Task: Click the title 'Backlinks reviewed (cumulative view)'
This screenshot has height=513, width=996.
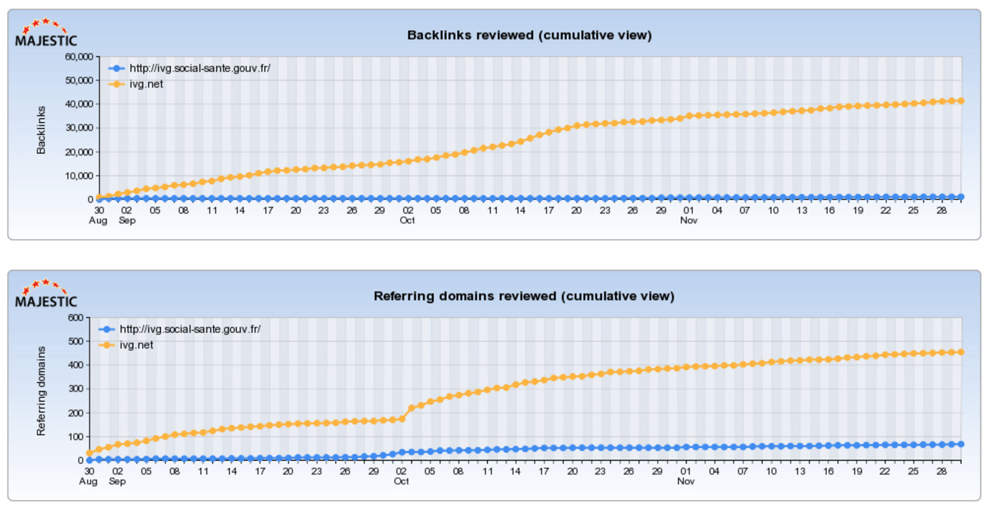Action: click(x=529, y=35)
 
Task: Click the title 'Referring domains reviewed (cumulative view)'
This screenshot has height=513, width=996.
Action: click(x=524, y=296)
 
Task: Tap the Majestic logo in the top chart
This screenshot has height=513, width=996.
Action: click(x=46, y=33)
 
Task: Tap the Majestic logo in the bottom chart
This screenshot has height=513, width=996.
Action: click(x=46, y=294)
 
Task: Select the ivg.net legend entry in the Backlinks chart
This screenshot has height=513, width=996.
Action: click(x=146, y=84)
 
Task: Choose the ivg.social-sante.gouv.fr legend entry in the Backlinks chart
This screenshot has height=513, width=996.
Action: click(x=199, y=68)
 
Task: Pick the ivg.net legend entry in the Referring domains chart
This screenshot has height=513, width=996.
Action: click(x=136, y=345)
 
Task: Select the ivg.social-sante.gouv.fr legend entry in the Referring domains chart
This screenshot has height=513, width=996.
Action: click(x=190, y=329)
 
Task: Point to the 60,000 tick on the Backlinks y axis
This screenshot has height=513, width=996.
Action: click(x=79, y=57)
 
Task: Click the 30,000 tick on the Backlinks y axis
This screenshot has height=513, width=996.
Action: click(x=79, y=128)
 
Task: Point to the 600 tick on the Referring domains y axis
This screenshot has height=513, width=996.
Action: click(x=75, y=318)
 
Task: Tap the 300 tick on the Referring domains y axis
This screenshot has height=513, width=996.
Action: click(x=75, y=389)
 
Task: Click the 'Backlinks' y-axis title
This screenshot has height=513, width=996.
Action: click(x=41, y=130)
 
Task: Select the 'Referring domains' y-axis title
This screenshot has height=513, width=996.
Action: click(x=41, y=391)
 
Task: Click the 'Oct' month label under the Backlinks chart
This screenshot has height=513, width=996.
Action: click(x=407, y=221)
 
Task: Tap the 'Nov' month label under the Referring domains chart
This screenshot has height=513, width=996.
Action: click(x=686, y=481)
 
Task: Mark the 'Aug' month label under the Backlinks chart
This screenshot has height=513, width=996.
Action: click(x=98, y=221)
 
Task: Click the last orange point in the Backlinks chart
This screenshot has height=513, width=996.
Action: click(x=961, y=101)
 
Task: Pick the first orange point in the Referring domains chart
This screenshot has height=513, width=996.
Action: click(x=90, y=453)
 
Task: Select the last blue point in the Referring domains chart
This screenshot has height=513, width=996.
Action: click(x=961, y=444)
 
